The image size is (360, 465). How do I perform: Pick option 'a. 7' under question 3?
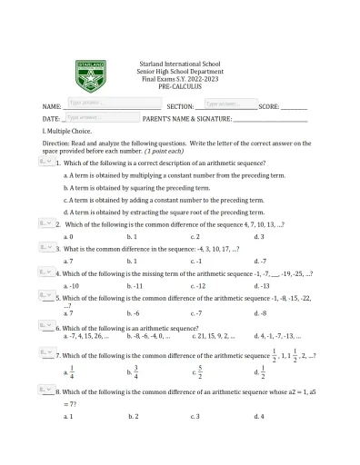(x=68, y=261)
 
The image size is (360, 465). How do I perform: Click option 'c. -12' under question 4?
(x=199, y=285)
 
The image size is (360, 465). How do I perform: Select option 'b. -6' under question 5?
(x=133, y=312)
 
